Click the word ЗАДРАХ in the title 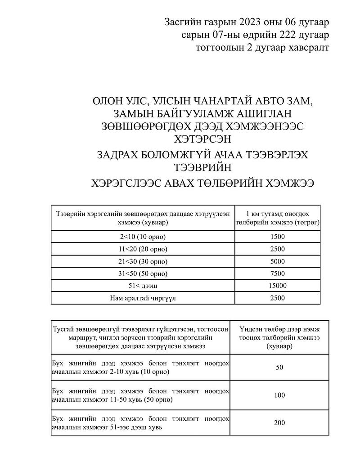[121, 155]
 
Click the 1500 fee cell [278, 237]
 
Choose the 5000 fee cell [278, 261]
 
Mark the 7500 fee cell [278, 273]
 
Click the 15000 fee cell [278, 285]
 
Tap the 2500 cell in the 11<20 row [278, 249]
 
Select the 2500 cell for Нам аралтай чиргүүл [278, 297]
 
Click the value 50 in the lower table [279, 368]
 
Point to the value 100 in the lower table [279, 395]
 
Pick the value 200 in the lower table [279, 423]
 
